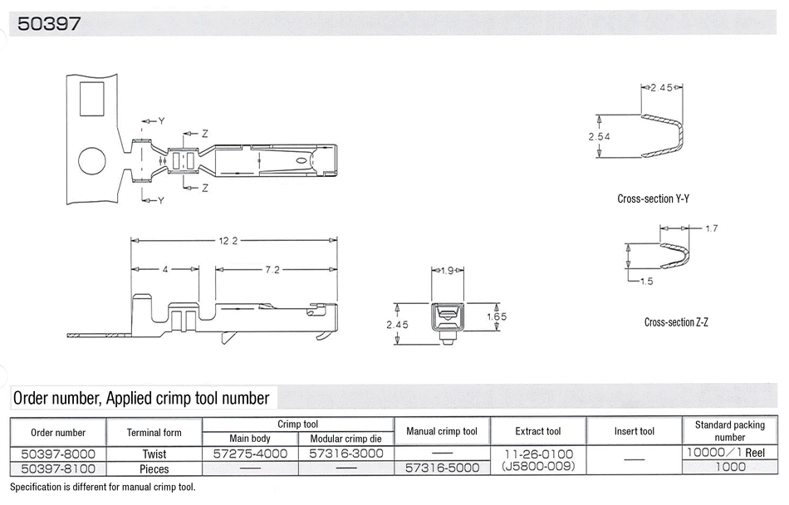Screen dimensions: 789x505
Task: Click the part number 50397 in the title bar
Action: (x=49, y=23)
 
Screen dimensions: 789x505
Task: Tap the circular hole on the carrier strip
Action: (x=92, y=161)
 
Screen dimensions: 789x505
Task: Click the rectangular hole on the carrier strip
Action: (x=92, y=99)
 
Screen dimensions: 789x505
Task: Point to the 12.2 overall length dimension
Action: (x=228, y=241)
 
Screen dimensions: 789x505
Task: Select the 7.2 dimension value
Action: (x=272, y=270)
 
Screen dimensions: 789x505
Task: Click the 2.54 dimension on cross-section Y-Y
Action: (x=599, y=136)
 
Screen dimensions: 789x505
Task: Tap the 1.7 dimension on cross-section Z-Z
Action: (x=711, y=228)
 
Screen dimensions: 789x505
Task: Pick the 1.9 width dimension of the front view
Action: (x=448, y=271)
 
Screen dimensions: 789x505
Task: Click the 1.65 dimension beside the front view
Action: (x=497, y=316)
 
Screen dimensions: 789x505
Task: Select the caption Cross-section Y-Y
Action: (x=653, y=199)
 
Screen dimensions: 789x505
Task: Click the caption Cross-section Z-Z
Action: (x=676, y=322)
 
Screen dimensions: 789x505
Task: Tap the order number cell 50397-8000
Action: (x=58, y=454)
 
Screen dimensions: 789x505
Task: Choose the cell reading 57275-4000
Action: (x=250, y=454)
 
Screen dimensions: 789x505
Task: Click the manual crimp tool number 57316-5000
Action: (x=443, y=468)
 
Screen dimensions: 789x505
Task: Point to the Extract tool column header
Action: (x=538, y=431)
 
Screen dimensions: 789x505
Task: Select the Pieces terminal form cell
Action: (x=154, y=468)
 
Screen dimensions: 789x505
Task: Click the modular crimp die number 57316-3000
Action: (x=346, y=454)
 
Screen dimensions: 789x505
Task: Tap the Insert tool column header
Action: (x=634, y=431)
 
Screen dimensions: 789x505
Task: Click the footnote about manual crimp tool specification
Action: (x=103, y=487)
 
